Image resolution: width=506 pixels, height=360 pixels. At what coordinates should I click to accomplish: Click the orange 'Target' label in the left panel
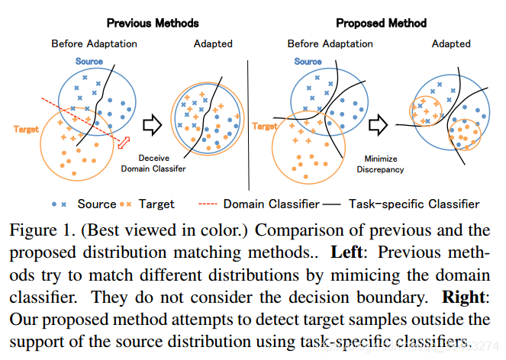pyautogui.click(x=26, y=129)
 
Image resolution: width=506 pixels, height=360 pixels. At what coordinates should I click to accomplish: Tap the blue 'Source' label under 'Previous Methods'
pyautogui.click(x=89, y=60)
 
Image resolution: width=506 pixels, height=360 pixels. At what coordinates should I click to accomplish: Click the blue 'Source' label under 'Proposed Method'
pyautogui.click(x=308, y=61)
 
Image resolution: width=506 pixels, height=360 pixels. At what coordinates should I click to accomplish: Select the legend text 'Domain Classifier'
pyautogui.click(x=271, y=204)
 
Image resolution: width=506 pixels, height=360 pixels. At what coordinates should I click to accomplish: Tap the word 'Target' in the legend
pyautogui.click(x=156, y=204)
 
